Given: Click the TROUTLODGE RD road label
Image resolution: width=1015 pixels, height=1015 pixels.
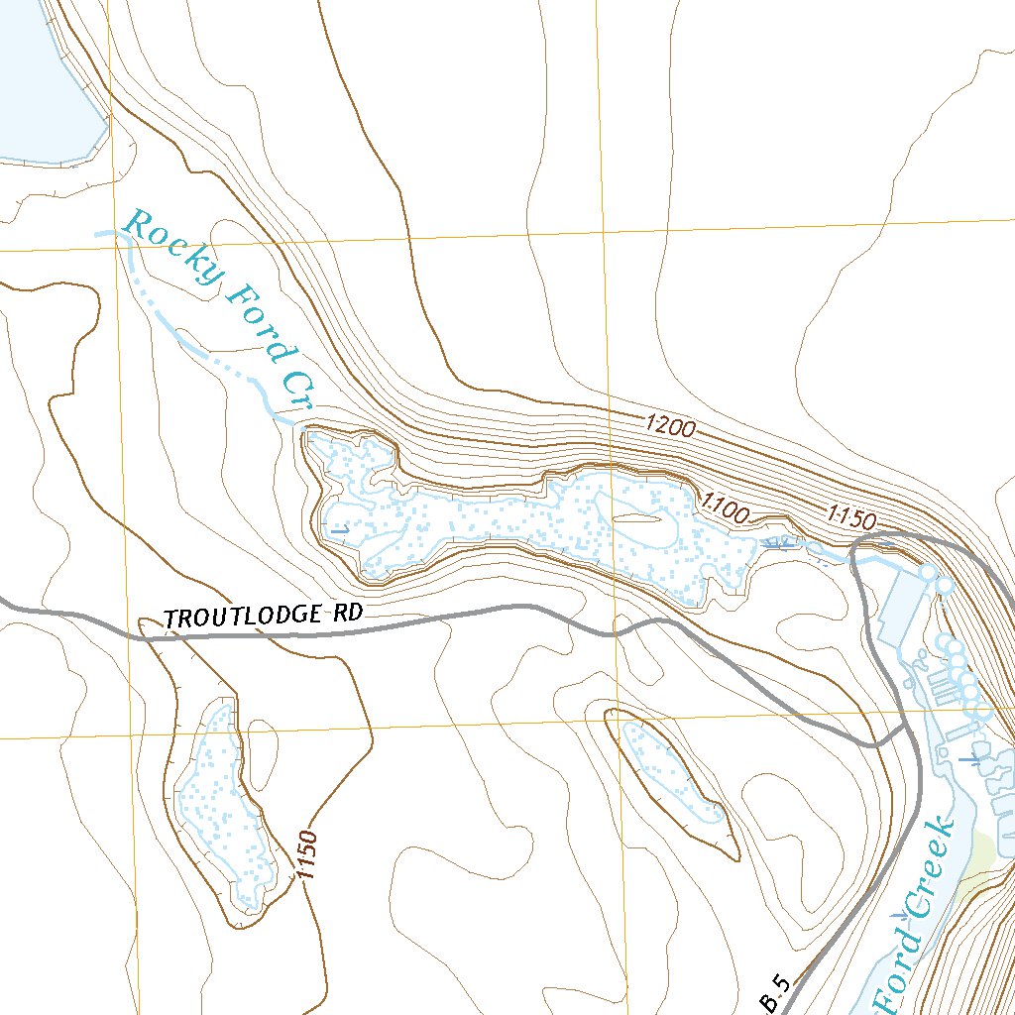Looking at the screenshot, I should click(x=263, y=616).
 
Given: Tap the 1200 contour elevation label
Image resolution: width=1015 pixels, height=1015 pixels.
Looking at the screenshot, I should click(x=670, y=427).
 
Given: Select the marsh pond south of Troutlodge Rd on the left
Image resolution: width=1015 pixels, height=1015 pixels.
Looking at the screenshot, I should click(x=223, y=803).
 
